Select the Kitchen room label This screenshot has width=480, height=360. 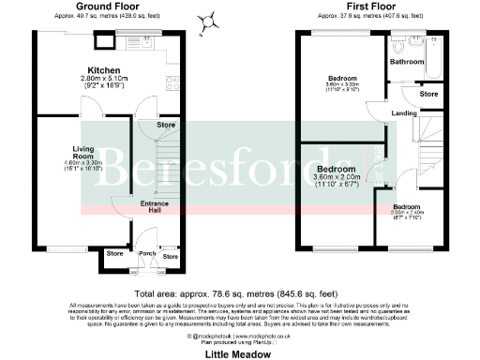102,70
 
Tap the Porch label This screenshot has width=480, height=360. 147,252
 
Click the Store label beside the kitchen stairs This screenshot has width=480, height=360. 165,125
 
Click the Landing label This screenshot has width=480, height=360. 404,114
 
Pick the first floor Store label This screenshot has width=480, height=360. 428,95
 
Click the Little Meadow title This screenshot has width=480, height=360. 240,354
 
